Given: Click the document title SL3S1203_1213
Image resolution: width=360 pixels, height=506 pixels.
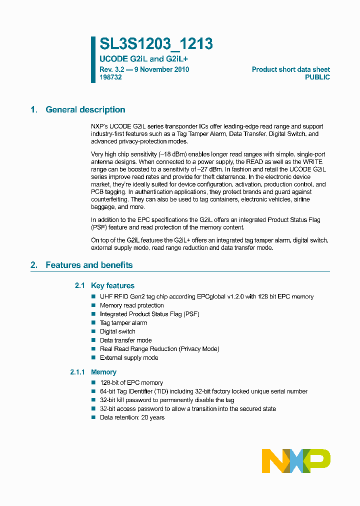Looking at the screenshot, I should [156, 44].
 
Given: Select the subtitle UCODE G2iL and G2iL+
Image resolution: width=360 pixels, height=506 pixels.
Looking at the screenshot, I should [143, 59].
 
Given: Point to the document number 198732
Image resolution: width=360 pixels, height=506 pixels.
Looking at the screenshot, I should [110, 77].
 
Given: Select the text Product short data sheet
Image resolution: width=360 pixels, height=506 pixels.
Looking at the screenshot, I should [290, 69].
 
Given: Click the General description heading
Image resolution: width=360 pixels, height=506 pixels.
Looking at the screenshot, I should [85, 110].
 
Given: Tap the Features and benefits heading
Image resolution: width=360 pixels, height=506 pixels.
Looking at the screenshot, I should [89, 265].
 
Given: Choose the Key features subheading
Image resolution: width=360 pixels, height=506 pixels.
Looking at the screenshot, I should [112, 286].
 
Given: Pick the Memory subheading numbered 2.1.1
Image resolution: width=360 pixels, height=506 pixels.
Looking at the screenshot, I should [103, 372].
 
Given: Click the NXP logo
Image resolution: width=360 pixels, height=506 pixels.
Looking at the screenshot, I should [296, 460].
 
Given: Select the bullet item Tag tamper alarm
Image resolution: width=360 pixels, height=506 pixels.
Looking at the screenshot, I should [123, 323].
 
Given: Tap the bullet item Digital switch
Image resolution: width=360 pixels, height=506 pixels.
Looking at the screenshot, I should [117, 331].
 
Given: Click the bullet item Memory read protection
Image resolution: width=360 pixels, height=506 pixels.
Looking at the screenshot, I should [132, 305].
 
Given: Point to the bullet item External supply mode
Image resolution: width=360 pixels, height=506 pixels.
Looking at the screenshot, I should [129, 358].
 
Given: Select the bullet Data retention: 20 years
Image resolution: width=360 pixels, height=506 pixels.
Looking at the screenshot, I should [132, 417].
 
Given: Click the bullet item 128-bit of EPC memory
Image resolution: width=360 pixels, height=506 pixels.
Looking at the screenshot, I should [131, 383].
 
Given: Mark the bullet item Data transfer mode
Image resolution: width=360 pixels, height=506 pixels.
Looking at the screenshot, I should [125, 340].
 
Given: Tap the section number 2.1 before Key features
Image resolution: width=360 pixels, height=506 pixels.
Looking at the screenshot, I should [80, 286].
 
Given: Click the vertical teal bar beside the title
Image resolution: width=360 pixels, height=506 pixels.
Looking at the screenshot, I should [93, 59].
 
